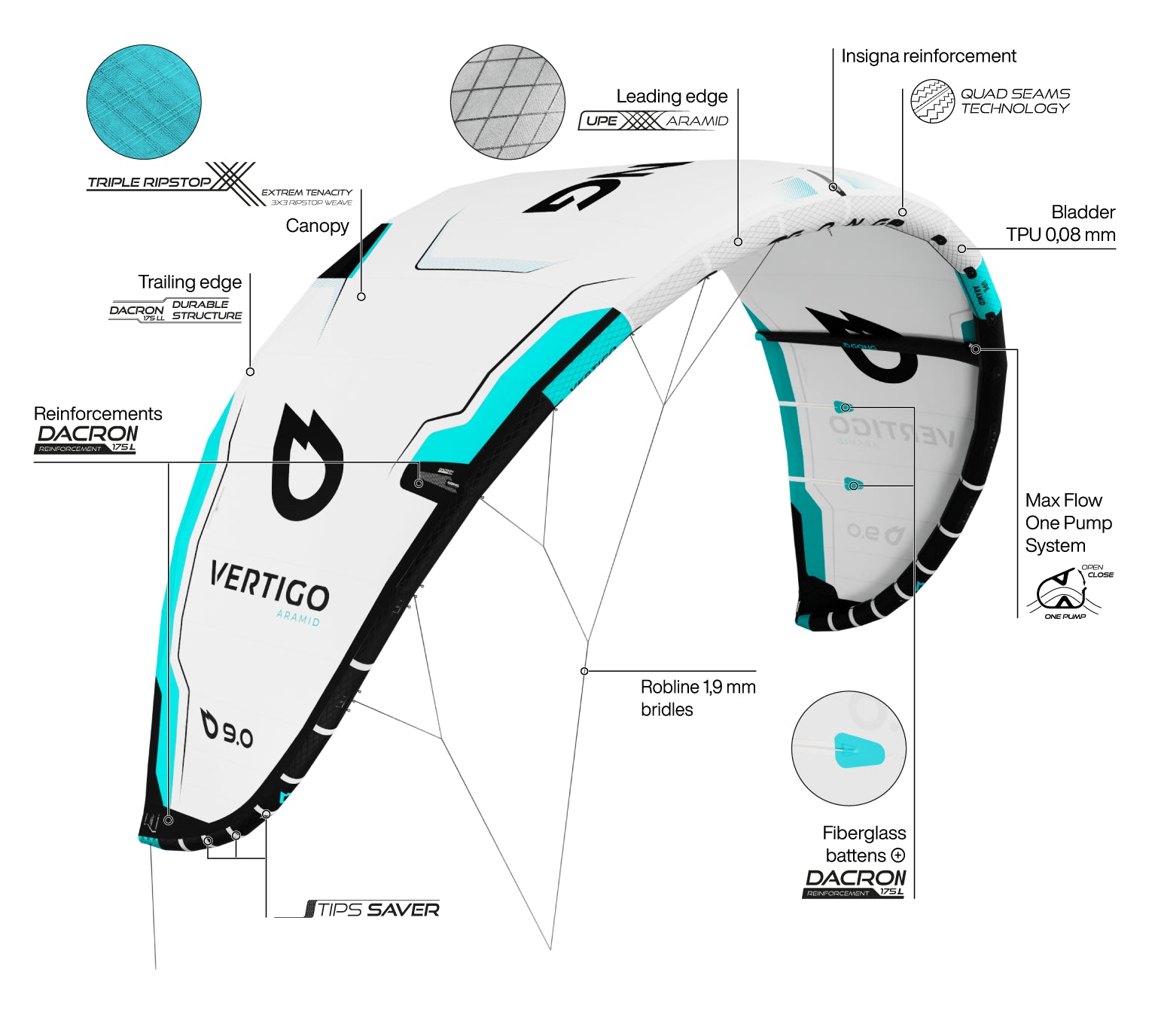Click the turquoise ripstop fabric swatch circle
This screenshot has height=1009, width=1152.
coord(144,102)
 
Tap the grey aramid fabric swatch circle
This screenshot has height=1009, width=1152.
coord(507,102)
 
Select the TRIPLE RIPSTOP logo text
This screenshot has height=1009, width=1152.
coord(149,182)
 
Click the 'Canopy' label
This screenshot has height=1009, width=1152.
coord(317,226)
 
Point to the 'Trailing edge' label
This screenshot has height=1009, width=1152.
coord(190,282)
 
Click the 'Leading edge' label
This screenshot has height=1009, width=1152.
coord(672,96)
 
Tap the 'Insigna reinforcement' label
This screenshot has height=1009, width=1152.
coord(928,56)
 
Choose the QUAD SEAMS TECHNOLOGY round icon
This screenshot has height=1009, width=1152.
coord(932,102)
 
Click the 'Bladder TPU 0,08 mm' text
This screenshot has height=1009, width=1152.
coord(1061,224)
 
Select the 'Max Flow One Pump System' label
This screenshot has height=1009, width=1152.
coord(1068,523)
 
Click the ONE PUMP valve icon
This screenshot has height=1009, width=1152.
coord(1063,592)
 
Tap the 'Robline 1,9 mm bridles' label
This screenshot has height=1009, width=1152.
coord(697,698)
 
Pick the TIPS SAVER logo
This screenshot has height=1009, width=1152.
coord(373,910)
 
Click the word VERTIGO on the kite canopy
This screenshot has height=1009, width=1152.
coord(269,585)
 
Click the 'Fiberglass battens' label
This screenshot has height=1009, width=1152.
coord(864,844)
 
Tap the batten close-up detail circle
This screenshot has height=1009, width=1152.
coord(849,748)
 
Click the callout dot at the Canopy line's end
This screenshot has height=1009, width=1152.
coord(361,297)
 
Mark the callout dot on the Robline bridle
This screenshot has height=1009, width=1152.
coord(584,671)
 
